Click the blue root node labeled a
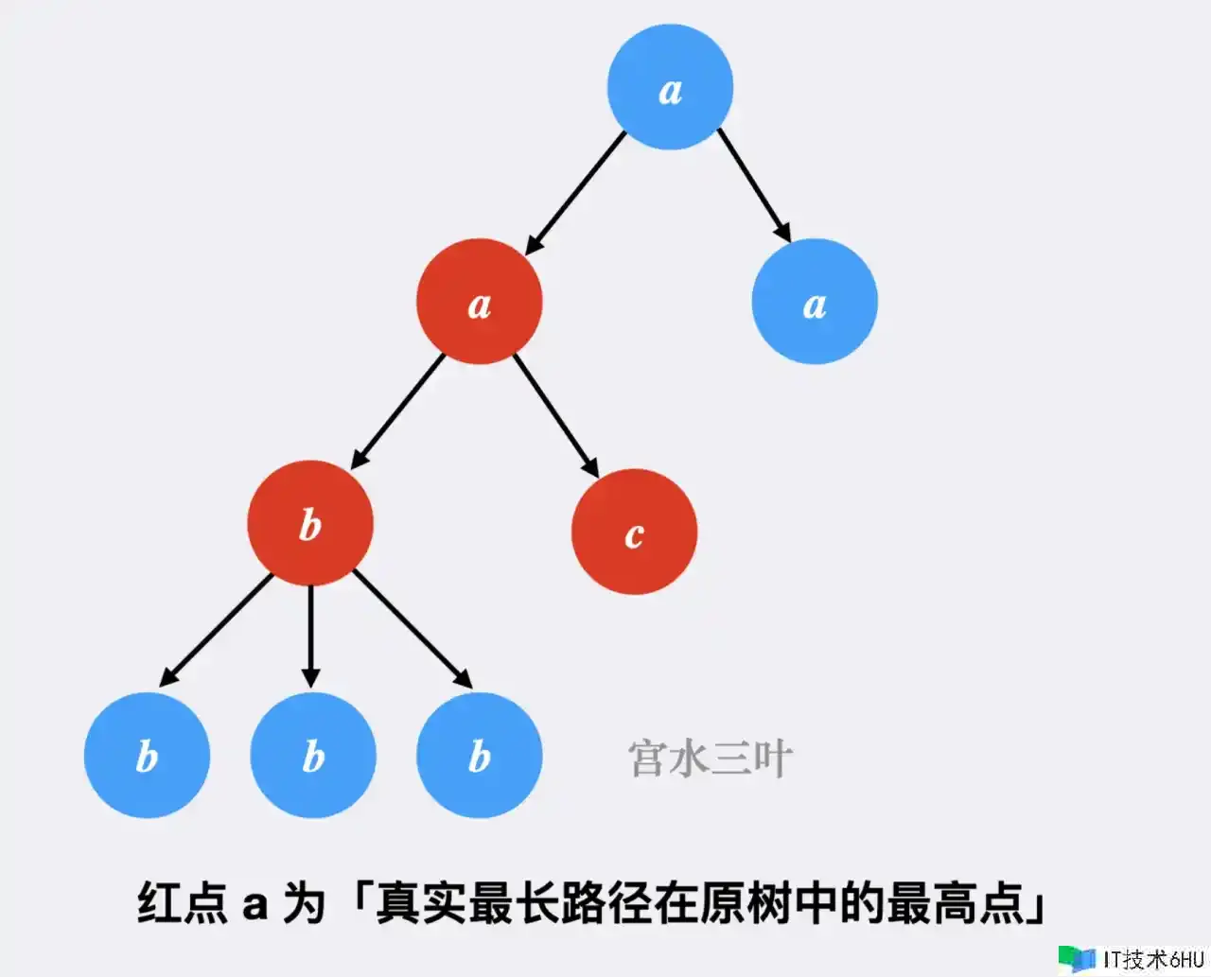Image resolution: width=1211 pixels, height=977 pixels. click(x=670, y=87)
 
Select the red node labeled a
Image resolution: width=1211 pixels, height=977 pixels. click(x=480, y=301)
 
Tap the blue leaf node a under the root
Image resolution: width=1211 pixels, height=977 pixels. click(x=815, y=301)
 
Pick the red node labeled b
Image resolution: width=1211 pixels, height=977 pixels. click(x=310, y=523)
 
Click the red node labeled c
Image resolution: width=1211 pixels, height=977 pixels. click(x=635, y=532)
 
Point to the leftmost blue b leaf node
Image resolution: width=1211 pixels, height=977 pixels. click(x=147, y=755)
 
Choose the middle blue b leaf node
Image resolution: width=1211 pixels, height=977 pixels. click(x=313, y=755)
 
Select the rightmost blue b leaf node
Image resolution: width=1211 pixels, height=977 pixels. click(x=480, y=755)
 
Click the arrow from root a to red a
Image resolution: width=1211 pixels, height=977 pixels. click(x=575, y=193)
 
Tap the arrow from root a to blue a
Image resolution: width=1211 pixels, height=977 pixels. click(x=754, y=185)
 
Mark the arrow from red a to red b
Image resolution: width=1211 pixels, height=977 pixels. click(x=397, y=411)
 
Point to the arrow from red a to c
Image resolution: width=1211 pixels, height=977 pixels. click(x=556, y=416)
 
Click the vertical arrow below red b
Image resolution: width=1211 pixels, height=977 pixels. click(x=310, y=637)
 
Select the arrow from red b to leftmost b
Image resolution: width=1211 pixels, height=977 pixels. click(x=216, y=630)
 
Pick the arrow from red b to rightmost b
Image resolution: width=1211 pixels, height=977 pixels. click(x=412, y=630)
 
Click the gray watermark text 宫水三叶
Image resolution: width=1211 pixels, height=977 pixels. click(x=711, y=759)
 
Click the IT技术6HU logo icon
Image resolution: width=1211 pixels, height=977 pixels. click(x=1077, y=959)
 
